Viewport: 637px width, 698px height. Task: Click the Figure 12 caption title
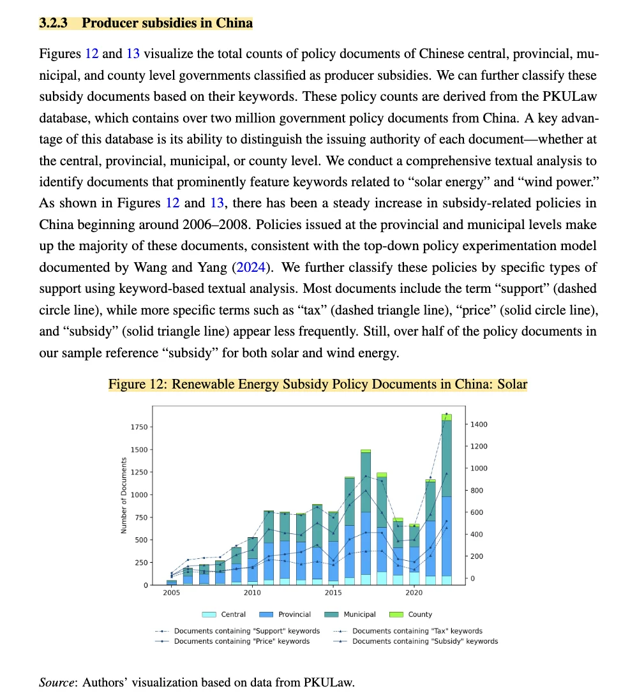tap(317, 384)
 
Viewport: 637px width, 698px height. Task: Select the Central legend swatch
tap(209, 614)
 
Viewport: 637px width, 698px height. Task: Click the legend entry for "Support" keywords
tap(237, 631)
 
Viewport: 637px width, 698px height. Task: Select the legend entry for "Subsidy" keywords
tap(415, 641)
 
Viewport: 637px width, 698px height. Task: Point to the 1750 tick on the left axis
tap(139, 427)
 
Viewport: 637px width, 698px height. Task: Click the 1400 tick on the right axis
tap(479, 424)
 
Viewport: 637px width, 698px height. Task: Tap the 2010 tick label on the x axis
tap(252, 593)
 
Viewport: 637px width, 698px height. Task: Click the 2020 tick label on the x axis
tap(414, 593)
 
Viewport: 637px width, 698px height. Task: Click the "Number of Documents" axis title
tap(124, 495)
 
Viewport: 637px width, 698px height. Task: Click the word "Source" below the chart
tap(57, 682)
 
